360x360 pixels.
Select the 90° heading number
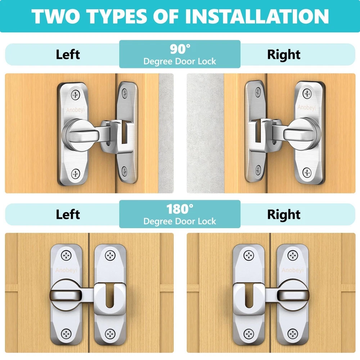point(180,49)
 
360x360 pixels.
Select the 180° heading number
point(180,209)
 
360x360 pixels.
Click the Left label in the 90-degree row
point(68,55)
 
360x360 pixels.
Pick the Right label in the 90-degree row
point(284,55)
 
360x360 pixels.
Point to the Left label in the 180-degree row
point(68,215)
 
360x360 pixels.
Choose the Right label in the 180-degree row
point(284,215)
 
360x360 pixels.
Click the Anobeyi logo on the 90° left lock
point(75,110)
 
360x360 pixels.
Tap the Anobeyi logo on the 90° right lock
point(307,107)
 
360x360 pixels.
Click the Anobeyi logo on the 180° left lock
point(66,270)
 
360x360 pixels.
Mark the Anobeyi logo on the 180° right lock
point(293,270)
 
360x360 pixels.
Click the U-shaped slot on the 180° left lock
point(110,296)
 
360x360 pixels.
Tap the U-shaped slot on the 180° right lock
point(249,296)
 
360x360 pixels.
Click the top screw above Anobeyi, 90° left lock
point(75,95)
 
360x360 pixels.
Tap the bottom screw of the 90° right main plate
point(307,173)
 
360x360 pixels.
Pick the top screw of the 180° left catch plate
point(110,255)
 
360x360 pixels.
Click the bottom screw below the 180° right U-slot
point(249,334)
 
